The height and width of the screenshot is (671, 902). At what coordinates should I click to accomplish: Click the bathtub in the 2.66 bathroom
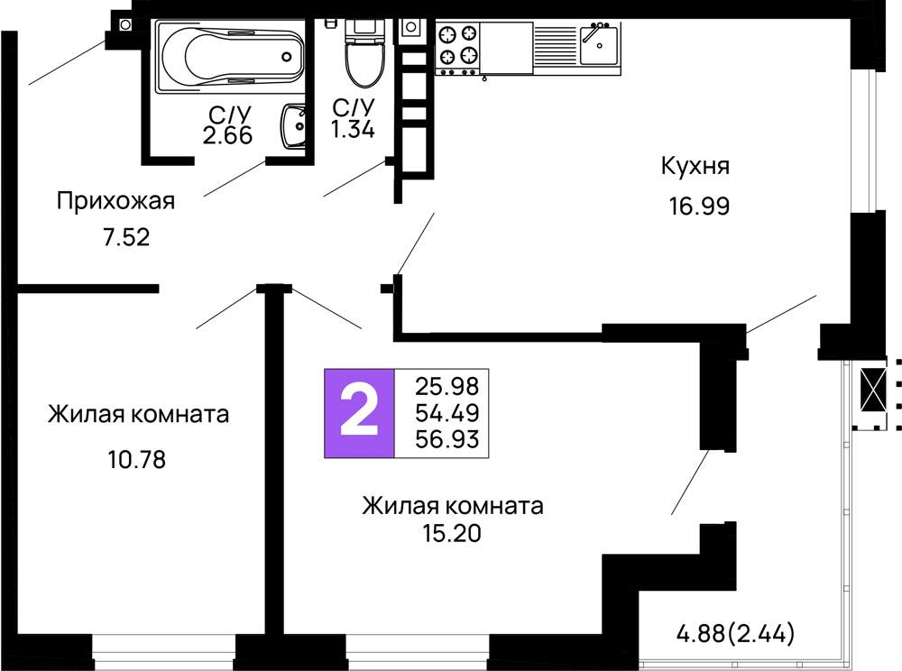[x=230, y=56]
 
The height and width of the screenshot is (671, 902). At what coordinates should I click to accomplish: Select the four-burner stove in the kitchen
[x=457, y=46]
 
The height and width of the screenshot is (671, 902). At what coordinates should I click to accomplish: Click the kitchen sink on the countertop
[x=598, y=44]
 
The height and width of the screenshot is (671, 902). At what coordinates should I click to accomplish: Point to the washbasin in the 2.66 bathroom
[x=294, y=129]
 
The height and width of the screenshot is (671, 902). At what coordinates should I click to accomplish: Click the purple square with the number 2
[x=359, y=413]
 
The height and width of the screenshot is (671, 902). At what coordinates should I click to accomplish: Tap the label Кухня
[x=695, y=167]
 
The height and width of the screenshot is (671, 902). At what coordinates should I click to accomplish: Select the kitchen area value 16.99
[x=698, y=207]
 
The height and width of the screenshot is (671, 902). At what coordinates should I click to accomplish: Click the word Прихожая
[x=115, y=200]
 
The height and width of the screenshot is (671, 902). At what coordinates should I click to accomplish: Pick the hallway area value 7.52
[x=125, y=238]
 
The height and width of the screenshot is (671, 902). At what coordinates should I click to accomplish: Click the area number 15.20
[x=452, y=534]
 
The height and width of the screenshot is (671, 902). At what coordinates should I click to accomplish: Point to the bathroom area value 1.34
[x=353, y=130]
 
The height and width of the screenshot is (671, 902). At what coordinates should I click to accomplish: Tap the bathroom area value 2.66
[x=227, y=135]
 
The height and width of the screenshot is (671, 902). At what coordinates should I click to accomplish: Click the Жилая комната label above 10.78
[x=138, y=415]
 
